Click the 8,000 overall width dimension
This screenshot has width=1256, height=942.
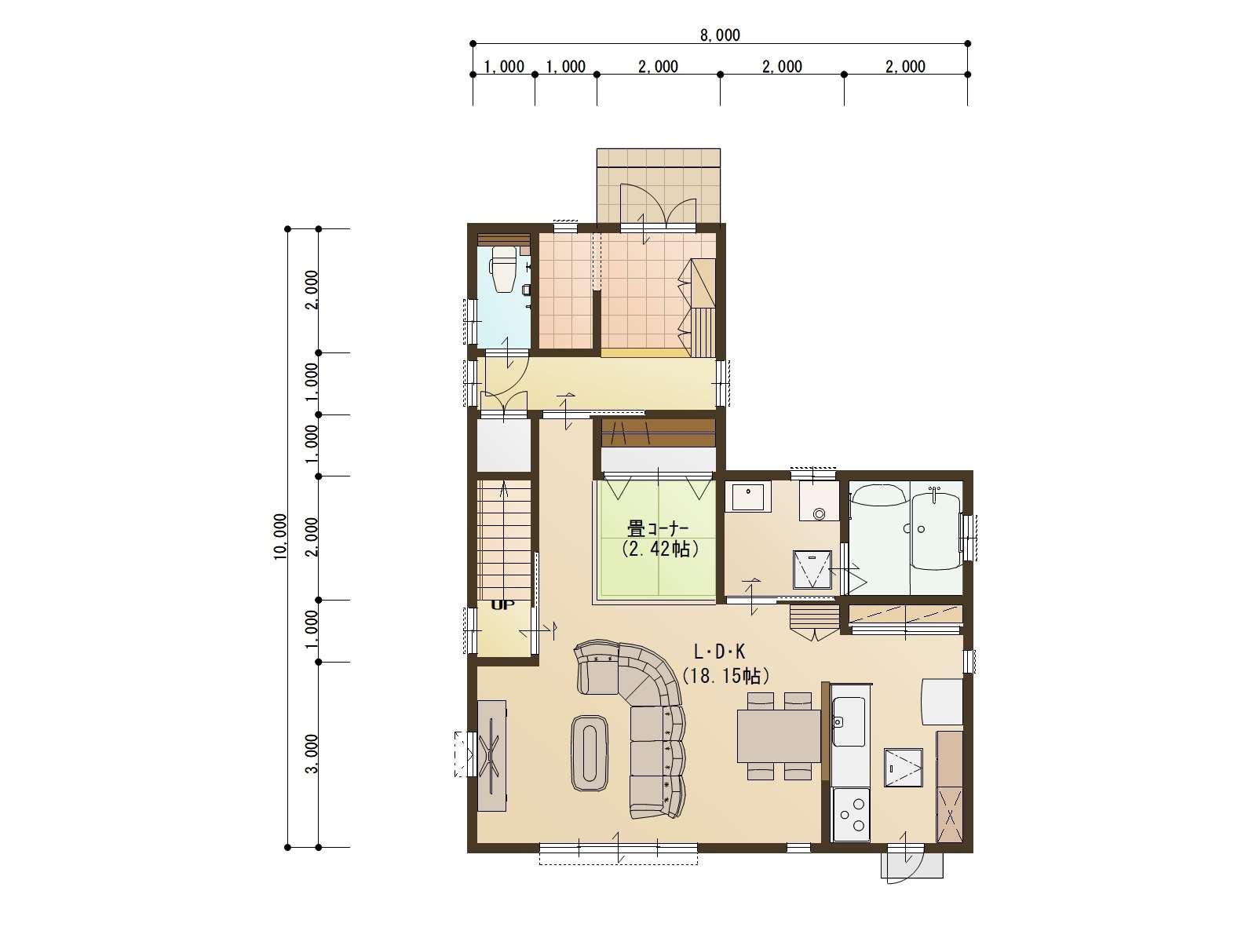point(720,35)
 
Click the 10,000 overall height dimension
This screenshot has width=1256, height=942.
point(280,537)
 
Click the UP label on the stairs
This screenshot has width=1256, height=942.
point(502,605)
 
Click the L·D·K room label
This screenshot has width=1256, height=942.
point(719,652)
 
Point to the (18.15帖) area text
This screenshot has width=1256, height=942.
point(725,675)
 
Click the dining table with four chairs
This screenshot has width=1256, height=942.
point(778,736)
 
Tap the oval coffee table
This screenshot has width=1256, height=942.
point(589,752)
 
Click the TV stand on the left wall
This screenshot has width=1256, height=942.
point(492,754)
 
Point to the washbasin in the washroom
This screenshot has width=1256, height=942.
point(747,496)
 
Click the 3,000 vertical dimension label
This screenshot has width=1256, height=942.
point(312,754)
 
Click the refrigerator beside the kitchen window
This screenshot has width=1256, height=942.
point(942,700)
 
